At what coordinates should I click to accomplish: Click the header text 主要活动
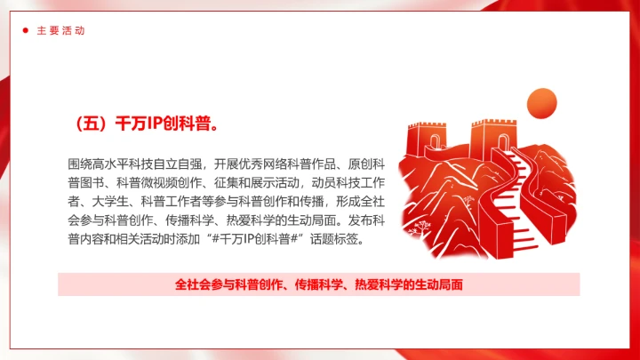click(60, 30)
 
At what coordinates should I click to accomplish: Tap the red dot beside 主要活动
click(25, 30)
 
